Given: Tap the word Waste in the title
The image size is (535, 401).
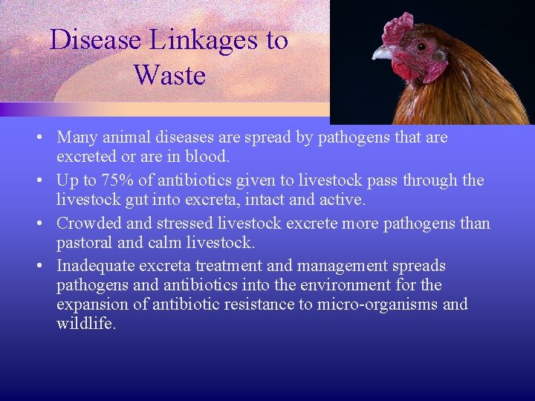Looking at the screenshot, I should pyautogui.click(x=169, y=75).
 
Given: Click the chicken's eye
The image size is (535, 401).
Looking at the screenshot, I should pyautogui.click(x=421, y=46).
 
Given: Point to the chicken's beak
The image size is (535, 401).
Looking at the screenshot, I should pyautogui.click(x=383, y=53).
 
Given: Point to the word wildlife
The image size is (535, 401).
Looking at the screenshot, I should pyautogui.click(x=85, y=324).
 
